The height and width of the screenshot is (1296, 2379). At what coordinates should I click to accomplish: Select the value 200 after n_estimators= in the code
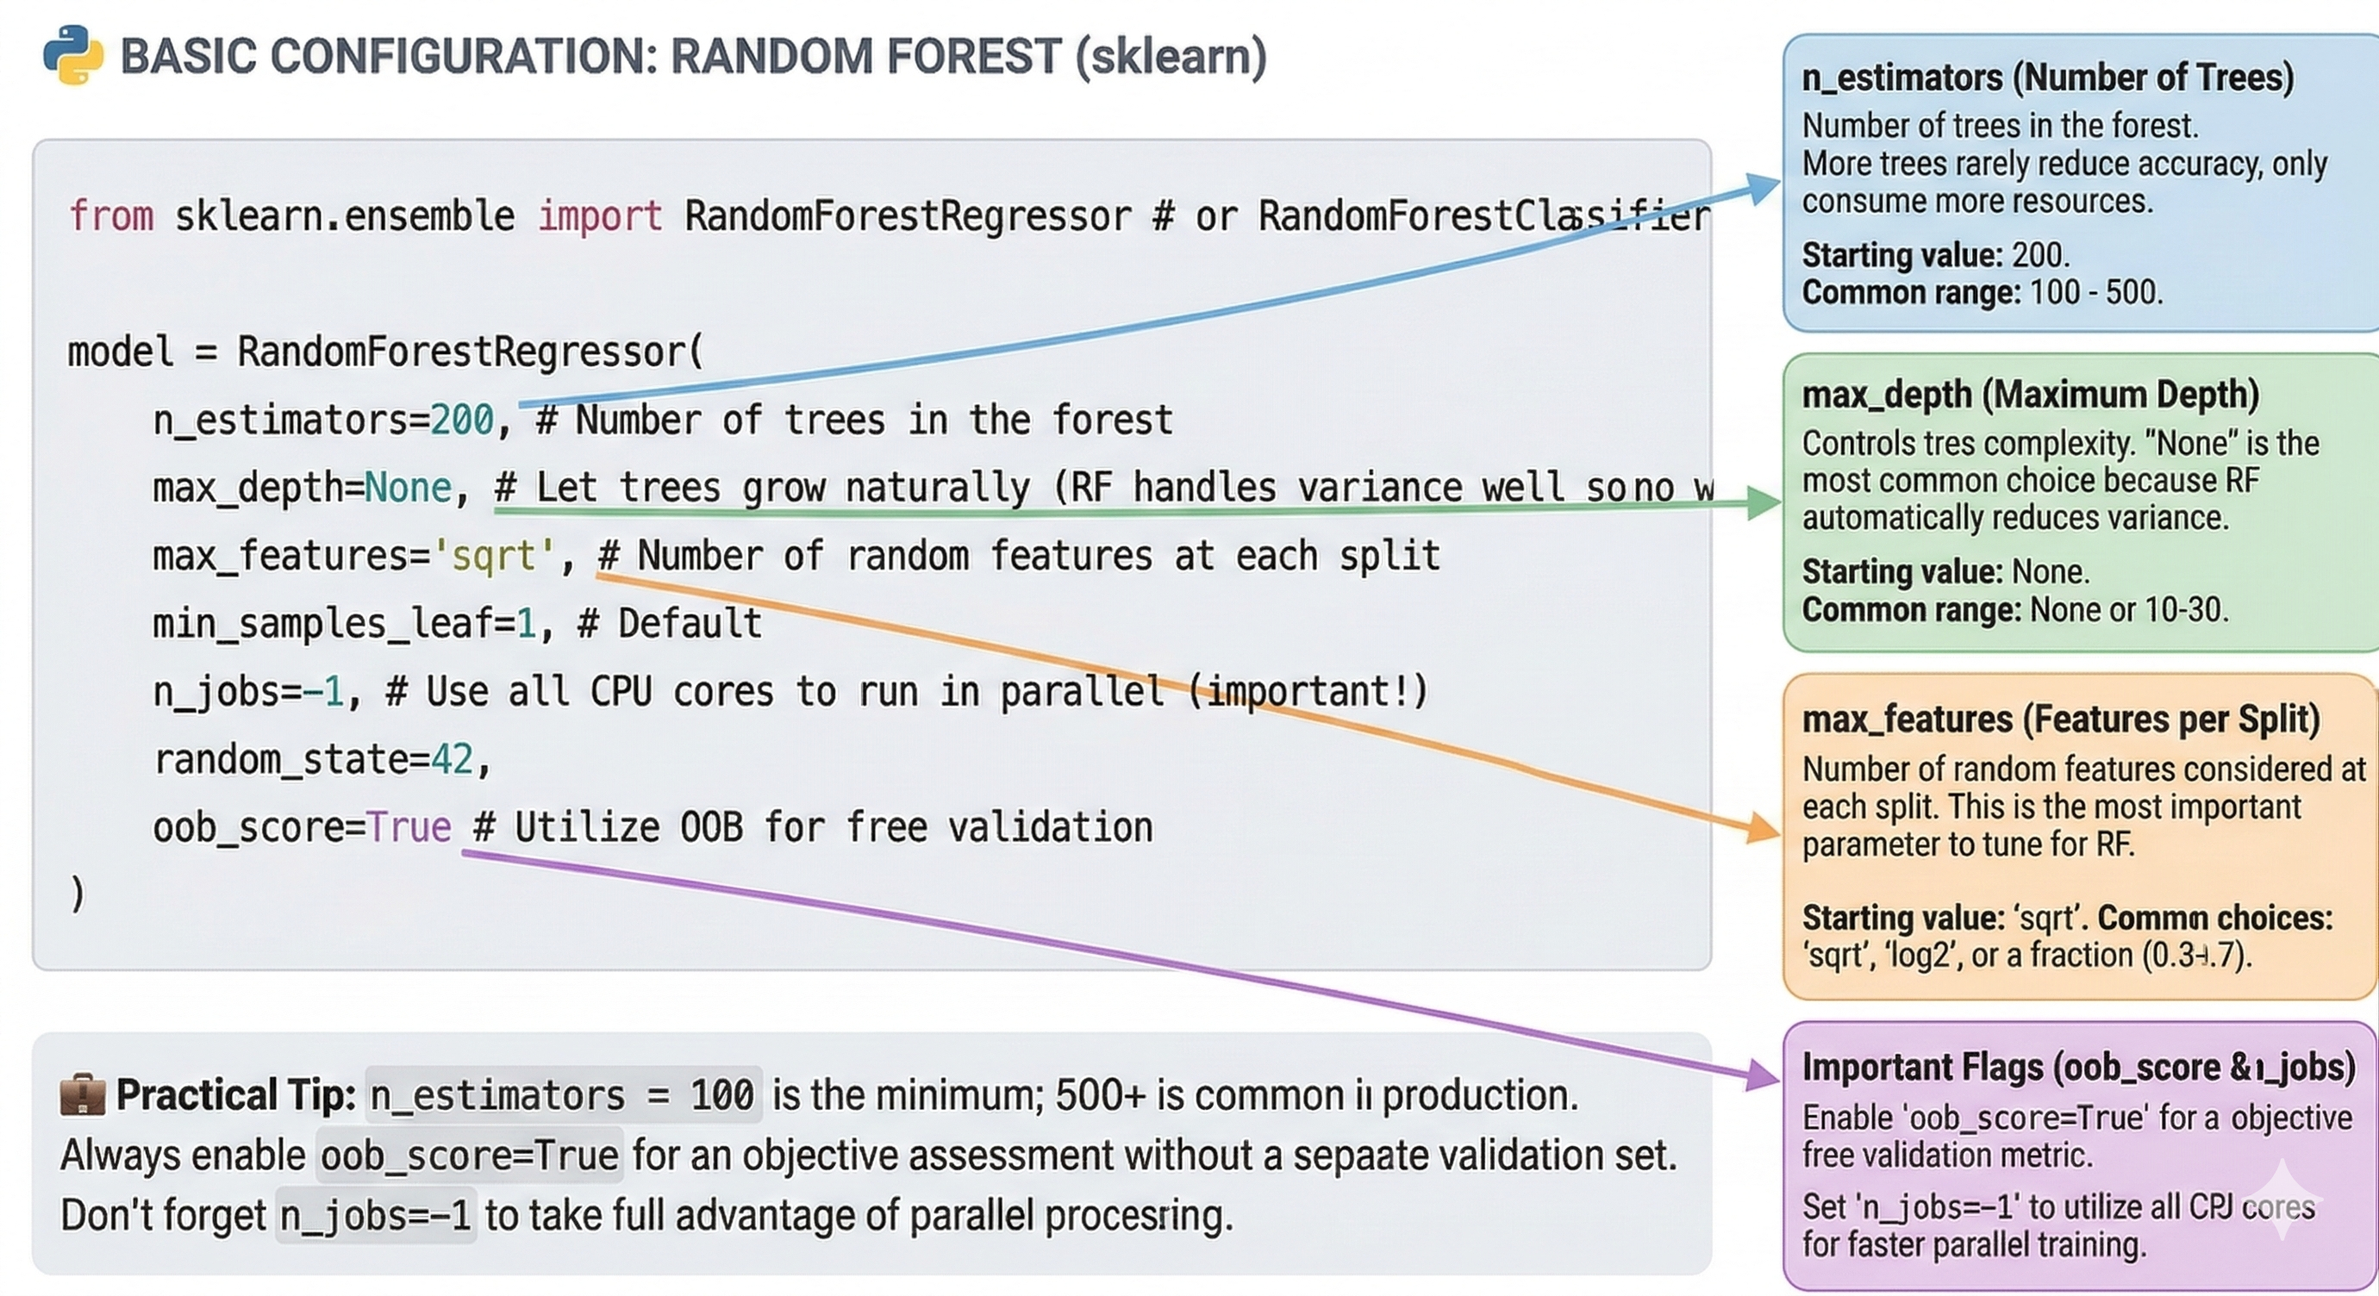[x=463, y=421]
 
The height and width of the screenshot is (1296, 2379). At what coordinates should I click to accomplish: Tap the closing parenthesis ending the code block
[x=77, y=894]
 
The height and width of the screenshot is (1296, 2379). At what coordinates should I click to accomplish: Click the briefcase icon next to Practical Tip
[x=82, y=1094]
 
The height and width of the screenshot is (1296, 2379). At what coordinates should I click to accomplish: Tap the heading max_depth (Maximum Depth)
[x=2030, y=395]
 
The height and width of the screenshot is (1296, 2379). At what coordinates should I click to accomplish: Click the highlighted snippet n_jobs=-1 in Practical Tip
[x=376, y=1216]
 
